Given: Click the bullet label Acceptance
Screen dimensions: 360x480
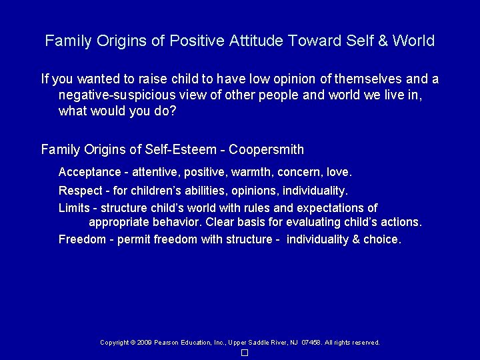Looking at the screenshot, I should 89,173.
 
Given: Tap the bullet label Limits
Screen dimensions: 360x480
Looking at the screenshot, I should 74,208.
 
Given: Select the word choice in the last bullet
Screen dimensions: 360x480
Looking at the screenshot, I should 381,239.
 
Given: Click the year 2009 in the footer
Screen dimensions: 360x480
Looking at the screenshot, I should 144,343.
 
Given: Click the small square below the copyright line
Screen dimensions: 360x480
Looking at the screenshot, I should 245,353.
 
